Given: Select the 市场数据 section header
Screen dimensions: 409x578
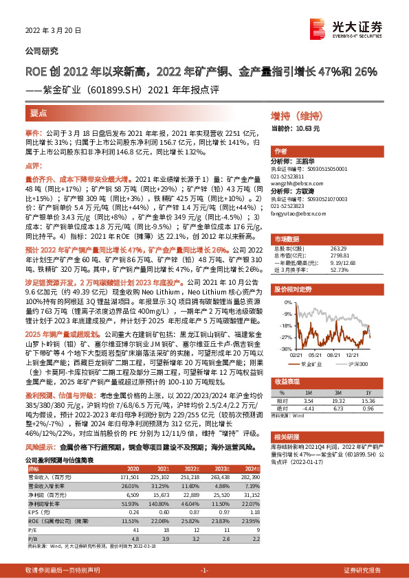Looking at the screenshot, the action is [291, 238].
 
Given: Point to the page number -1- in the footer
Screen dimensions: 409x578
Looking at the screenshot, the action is [203, 570].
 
